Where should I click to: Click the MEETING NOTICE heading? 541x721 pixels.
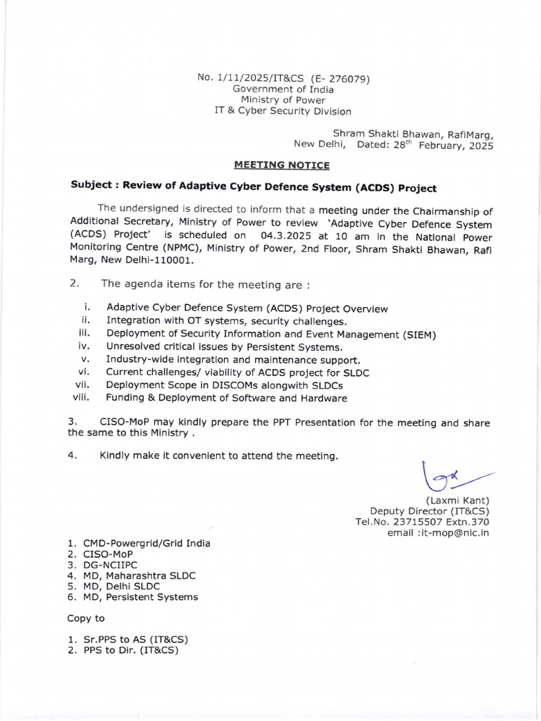pos(282,165)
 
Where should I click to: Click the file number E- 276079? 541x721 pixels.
pos(340,78)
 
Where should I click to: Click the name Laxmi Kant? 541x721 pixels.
pos(457,500)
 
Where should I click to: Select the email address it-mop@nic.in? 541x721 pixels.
pos(455,533)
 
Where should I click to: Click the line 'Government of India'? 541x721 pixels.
pos(284,89)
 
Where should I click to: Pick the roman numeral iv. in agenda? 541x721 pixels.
pos(82,346)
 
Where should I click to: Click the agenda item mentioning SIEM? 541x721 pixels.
pos(271,334)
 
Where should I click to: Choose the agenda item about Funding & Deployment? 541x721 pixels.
pos(226,398)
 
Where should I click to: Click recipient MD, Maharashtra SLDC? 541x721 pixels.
pos(139,575)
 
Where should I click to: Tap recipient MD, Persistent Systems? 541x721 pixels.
pos(140,597)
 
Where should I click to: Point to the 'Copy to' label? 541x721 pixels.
pos(85,618)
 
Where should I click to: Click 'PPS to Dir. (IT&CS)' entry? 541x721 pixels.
pos(130,651)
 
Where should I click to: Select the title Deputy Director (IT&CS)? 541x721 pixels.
pos(429,511)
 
